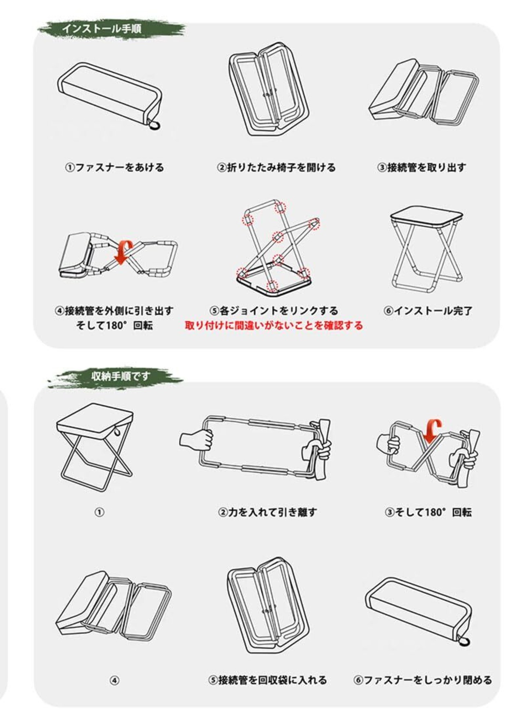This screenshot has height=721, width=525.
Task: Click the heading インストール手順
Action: [102, 29]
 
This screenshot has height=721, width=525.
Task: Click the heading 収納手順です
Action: [121, 376]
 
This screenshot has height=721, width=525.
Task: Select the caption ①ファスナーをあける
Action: [114, 168]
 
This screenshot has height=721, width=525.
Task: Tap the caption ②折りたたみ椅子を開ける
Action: [276, 168]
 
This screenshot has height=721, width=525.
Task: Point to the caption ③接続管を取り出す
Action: [422, 168]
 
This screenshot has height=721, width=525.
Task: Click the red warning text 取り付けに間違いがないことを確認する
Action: [274, 326]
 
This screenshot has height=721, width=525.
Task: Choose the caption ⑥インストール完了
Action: [428, 311]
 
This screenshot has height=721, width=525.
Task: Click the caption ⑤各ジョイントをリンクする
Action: [274, 311]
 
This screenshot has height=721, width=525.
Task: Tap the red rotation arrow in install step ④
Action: [124, 251]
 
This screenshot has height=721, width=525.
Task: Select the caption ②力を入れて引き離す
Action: [267, 512]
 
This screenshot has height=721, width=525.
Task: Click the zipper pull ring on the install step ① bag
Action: [155, 125]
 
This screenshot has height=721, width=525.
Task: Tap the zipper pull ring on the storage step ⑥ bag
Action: [464, 642]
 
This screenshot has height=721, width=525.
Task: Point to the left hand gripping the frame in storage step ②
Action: [197, 439]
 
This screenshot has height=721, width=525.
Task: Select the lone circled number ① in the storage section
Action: [99, 512]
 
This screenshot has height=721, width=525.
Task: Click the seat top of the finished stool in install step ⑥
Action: [427, 214]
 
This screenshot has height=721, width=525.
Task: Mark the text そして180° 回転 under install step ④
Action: [114, 326]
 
